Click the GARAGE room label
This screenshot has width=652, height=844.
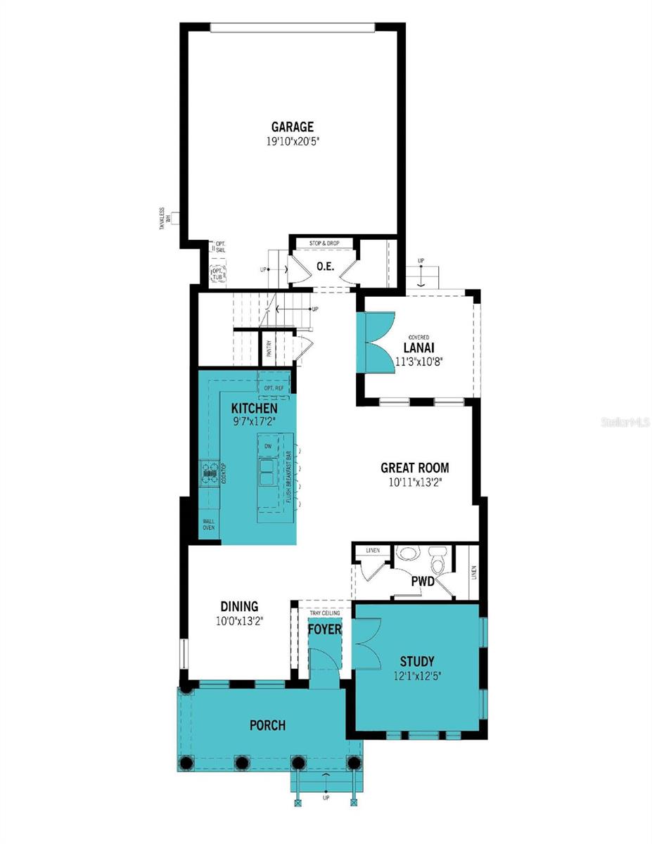(x=293, y=127)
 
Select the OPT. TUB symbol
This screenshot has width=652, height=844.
(x=218, y=273)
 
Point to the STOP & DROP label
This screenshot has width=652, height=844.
(x=324, y=243)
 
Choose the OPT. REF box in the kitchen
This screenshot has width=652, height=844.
(x=274, y=388)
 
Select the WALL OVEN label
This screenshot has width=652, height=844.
(x=209, y=525)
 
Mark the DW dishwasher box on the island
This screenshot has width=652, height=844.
(x=268, y=447)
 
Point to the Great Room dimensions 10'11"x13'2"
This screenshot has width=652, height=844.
(x=414, y=482)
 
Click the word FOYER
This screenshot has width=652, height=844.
(x=324, y=629)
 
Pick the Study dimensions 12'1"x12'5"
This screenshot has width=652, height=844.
(x=416, y=677)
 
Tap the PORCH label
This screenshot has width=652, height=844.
(x=268, y=725)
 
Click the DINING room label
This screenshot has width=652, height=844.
(x=239, y=606)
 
